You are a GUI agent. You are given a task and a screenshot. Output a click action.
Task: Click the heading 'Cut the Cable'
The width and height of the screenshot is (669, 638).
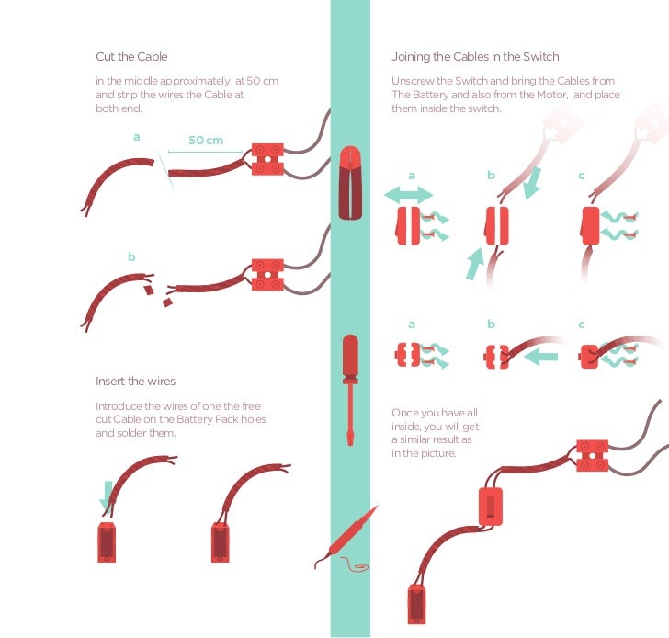[131, 57]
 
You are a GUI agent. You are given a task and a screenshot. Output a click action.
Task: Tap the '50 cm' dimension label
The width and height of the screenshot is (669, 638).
[206, 141]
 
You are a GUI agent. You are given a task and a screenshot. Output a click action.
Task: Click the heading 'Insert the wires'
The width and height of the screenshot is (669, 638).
[135, 382]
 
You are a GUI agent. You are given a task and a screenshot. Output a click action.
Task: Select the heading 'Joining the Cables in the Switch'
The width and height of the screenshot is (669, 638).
[475, 57]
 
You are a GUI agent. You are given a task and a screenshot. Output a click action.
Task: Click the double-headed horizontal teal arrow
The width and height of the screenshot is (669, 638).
[408, 194]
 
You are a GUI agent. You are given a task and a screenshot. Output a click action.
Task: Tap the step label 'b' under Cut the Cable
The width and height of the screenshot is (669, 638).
[131, 257]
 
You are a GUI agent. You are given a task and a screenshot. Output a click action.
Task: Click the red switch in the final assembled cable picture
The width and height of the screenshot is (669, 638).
[492, 506]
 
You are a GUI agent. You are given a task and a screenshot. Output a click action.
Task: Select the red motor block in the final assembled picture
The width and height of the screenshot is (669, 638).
[594, 455]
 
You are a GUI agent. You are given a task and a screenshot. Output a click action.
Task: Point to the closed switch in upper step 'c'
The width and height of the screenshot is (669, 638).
[591, 227]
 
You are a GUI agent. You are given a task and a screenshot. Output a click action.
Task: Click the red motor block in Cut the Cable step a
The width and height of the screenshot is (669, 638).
[267, 157]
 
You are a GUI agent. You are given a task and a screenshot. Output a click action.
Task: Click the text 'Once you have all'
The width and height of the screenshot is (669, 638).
[435, 413]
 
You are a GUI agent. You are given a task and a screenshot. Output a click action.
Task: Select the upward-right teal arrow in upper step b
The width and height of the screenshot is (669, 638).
[474, 262]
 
